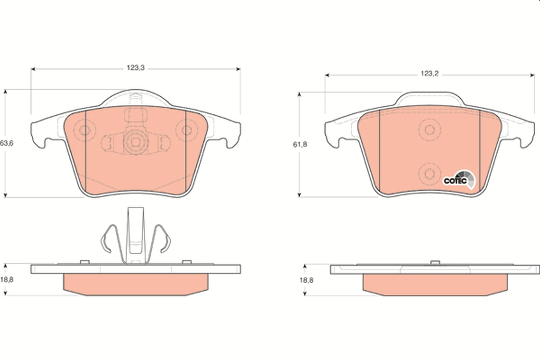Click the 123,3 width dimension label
coord(136,68)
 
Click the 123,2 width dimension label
coord(430,73)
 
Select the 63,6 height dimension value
coord(7,143)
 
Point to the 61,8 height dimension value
coord(300,144)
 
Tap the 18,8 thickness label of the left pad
coord(7,280)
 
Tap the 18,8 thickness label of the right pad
coord(306,280)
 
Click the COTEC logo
coord(459,180)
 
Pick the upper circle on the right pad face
coord(430,130)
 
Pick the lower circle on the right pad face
coord(430,174)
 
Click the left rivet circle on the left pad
coord(85,130)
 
